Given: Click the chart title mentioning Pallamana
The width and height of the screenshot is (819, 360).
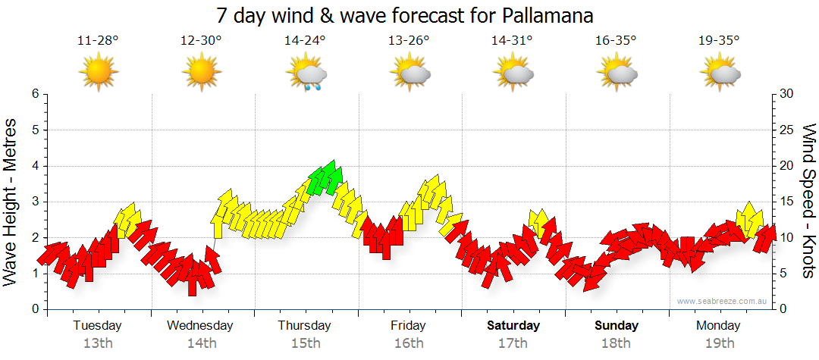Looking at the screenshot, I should tap(404, 16).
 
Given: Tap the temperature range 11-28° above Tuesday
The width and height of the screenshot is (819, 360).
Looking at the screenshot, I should tap(98, 41).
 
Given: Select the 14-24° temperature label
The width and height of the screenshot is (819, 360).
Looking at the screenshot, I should tap(305, 41).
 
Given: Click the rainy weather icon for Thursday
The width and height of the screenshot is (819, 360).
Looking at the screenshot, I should tap(306, 74).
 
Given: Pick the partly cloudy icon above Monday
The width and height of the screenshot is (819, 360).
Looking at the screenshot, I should tap(720, 74).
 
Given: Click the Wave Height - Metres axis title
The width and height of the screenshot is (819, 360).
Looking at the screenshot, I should tap(12, 201).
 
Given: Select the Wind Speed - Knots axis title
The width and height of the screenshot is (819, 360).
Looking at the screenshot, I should tap(808, 201).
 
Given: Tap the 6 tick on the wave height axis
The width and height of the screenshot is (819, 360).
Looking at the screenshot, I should tap(34, 94).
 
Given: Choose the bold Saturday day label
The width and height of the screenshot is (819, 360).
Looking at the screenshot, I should tap(513, 326).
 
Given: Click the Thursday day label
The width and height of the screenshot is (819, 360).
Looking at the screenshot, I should tap(304, 326).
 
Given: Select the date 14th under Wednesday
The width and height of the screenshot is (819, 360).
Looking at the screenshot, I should tap(201, 343).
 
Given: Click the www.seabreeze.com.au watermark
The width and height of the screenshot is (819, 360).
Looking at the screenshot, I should tap(723, 301).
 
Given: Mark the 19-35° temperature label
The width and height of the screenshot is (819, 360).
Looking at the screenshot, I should tap(720, 41).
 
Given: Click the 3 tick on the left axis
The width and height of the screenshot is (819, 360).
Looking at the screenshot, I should tap(34, 202).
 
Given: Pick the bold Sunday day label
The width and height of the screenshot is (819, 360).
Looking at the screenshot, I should tap(617, 326).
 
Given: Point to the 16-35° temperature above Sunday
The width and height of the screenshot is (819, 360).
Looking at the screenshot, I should tap(616, 41).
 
